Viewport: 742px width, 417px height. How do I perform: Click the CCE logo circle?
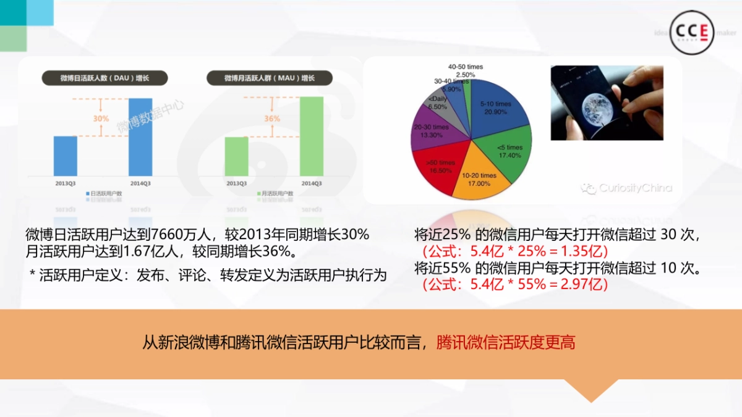pos(693,32)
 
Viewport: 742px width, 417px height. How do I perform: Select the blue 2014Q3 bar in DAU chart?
pos(140,137)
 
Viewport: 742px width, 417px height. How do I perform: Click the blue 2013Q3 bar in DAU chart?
pos(66,156)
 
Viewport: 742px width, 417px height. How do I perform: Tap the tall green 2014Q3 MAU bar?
pos(312,136)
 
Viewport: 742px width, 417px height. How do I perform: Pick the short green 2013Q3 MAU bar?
pos(236,156)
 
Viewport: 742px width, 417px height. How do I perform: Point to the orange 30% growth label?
pos(101,118)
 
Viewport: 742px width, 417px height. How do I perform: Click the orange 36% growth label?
pos(272,118)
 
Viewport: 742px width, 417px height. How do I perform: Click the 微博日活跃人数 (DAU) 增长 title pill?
pos(105,78)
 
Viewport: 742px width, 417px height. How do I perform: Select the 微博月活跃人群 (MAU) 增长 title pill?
pos(270,78)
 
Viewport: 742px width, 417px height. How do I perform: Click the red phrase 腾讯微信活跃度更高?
pos(506,342)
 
